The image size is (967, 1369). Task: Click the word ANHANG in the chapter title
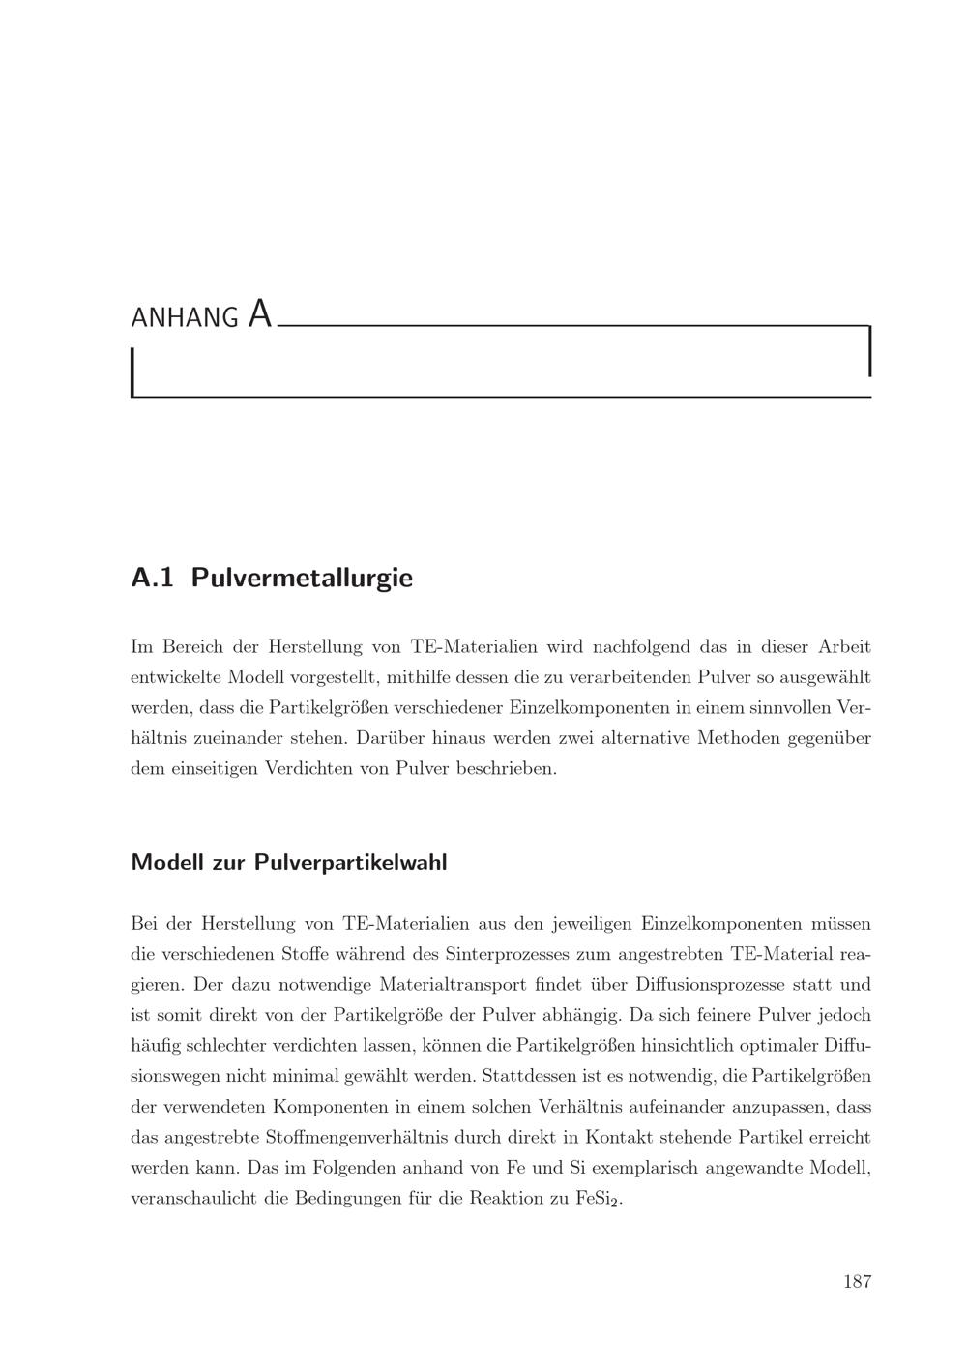(184, 317)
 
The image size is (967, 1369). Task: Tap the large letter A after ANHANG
(259, 314)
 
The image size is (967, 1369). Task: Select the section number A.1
(152, 579)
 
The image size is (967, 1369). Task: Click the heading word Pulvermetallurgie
(302, 579)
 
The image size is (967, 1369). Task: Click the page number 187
(857, 1282)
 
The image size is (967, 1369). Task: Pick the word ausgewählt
(822, 677)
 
